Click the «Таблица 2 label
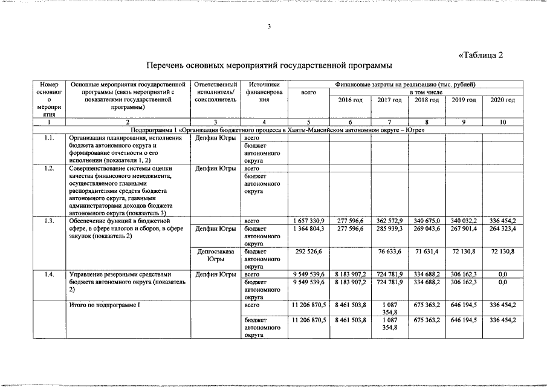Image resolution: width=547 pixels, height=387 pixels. click(481, 55)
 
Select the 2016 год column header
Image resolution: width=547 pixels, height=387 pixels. click(350, 99)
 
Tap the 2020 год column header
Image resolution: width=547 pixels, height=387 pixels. click(502, 99)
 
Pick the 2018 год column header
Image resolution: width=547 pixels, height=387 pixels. click(427, 99)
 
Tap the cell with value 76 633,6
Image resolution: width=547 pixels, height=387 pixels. click(389, 251)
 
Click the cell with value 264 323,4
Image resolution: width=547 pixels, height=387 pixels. click(502, 229)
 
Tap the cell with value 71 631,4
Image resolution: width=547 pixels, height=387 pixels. click(427, 251)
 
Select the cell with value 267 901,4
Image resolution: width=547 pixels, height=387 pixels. click(464, 229)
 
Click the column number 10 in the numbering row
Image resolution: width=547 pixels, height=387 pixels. click(502, 122)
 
